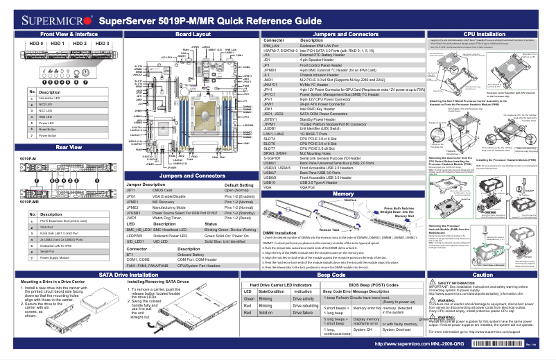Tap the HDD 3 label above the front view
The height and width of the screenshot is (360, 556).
pos(103,44)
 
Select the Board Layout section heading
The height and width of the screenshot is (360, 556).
pos(193,34)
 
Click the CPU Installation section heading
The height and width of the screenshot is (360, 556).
pos(484,34)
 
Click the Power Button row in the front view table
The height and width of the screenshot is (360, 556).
pos(49,135)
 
